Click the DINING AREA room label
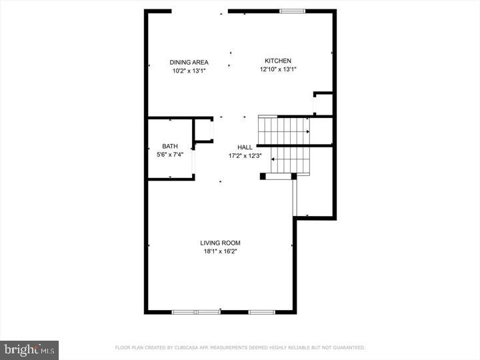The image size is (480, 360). tap(189, 63)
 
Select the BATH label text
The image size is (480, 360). tap(169, 146)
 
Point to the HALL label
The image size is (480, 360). tap(245, 147)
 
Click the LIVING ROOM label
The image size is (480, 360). tap(220, 243)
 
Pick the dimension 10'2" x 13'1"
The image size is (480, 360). tap(189, 71)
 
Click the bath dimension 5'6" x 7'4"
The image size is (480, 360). tap(169, 155)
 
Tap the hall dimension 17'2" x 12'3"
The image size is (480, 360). tap(245, 156)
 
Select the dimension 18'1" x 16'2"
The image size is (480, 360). tap(220, 251)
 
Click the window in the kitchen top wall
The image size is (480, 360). tap(292, 11)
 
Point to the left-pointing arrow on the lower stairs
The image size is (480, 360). tap(274, 160)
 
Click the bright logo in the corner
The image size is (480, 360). tap(29, 349)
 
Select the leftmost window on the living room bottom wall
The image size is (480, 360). tap(196, 311)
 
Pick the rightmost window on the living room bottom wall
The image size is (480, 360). tap(261, 311)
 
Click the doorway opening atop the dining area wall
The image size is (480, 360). tap(200, 11)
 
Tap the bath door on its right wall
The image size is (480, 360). tap(193, 161)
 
